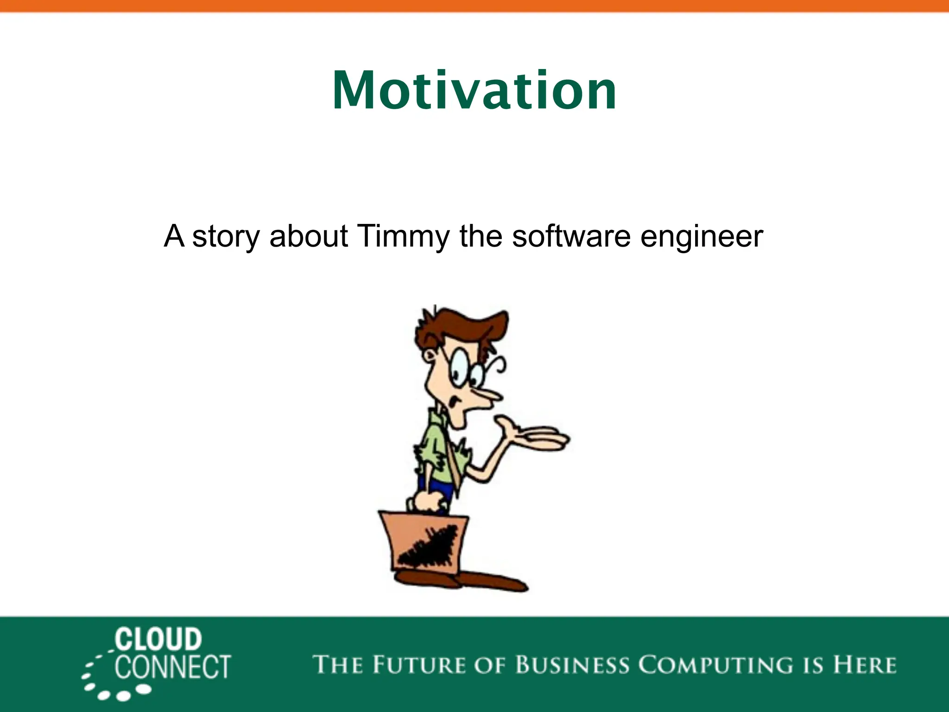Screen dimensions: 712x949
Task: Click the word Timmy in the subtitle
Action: (403, 236)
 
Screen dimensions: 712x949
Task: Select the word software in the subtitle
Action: (571, 236)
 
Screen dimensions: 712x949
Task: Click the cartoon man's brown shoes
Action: (463, 579)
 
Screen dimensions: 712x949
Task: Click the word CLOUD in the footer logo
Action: (158, 639)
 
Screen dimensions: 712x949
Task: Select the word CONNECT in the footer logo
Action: (172, 667)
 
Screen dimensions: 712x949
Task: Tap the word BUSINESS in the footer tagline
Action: (572, 665)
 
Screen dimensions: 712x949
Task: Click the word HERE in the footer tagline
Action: (865, 665)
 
